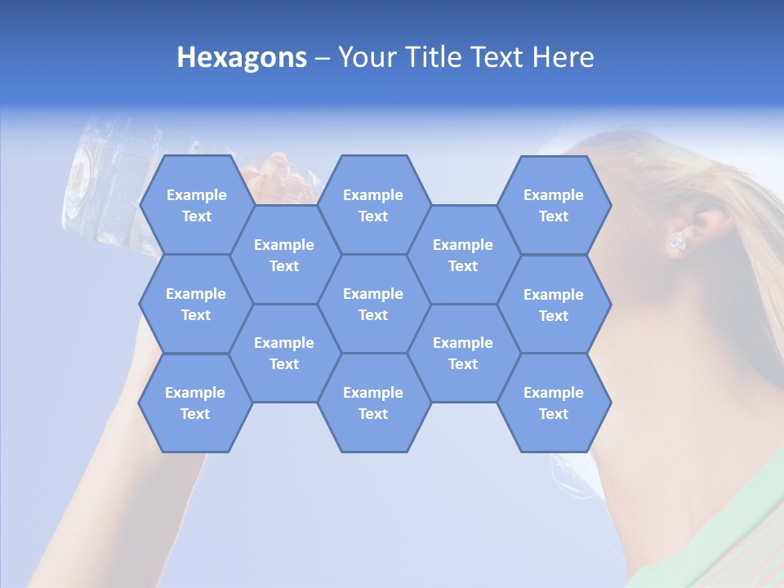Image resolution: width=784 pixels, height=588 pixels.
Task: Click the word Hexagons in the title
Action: [242, 57]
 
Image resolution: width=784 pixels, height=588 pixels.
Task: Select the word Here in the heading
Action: [563, 57]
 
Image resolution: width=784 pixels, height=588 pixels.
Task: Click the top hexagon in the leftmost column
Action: [196, 205]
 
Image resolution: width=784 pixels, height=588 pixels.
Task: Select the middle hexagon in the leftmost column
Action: [196, 304]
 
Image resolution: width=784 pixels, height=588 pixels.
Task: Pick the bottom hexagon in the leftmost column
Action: [195, 403]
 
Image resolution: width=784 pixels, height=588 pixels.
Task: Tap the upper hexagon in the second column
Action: [284, 255]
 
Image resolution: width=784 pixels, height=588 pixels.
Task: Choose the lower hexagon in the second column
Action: [284, 353]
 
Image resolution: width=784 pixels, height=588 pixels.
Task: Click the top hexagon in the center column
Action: [373, 205]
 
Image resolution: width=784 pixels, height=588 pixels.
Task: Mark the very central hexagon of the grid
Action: [373, 304]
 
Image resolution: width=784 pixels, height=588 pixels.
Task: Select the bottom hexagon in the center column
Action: [373, 403]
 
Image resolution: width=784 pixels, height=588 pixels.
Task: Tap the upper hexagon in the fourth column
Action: [463, 255]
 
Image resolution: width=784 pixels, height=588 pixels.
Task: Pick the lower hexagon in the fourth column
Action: [463, 353]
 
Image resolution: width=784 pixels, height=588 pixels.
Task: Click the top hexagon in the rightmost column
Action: [554, 205]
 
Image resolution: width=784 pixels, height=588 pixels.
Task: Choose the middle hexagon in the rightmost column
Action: [554, 305]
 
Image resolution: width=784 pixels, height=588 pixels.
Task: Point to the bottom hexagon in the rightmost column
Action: [554, 403]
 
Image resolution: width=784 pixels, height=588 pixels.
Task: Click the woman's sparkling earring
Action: [677, 242]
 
